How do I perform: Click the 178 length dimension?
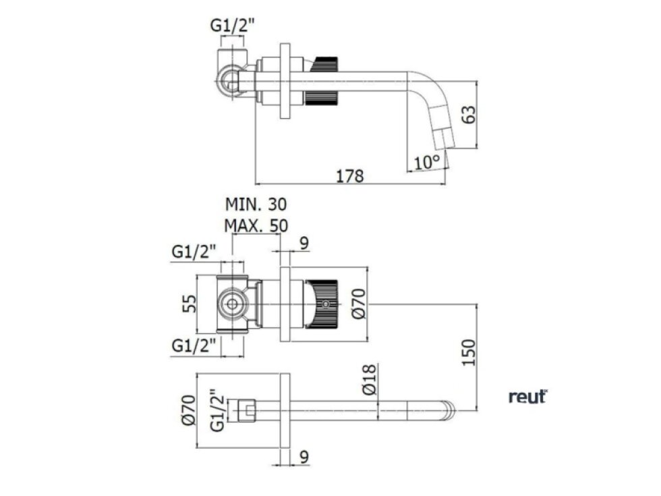(x=349, y=176)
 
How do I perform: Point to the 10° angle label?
(x=427, y=162)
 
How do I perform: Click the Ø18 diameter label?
(x=368, y=382)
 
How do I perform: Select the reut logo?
(x=527, y=397)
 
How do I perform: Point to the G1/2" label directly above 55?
(x=194, y=252)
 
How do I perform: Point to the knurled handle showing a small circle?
(x=324, y=304)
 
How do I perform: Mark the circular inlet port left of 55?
(x=233, y=303)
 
